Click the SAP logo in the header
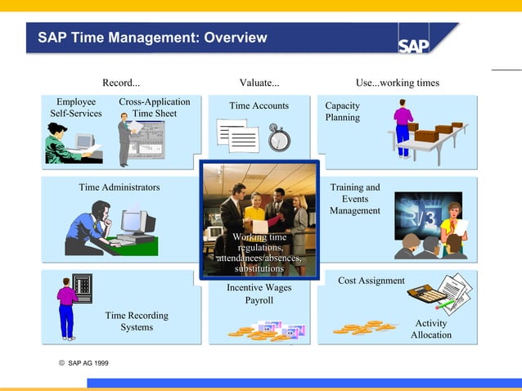tap(415, 44)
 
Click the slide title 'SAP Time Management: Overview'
tap(152, 38)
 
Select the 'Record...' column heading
tap(121, 83)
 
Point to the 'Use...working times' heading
tap(397, 83)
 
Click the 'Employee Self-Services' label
tap(76, 107)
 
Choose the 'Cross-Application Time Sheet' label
tap(154, 107)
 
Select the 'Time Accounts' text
tap(259, 106)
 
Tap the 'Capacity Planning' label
tap(342, 111)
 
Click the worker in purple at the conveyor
tap(403, 127)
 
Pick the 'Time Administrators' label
tap(119, 187)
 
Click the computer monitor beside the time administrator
tap(136, 222)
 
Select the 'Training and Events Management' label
tap(355, 199)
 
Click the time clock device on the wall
tap(83, 287)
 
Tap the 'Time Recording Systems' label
tap(137, 321)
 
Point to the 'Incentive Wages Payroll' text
tap(259, 294)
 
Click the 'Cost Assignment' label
tap(371, 281)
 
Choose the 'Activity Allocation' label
tap(431, 329)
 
